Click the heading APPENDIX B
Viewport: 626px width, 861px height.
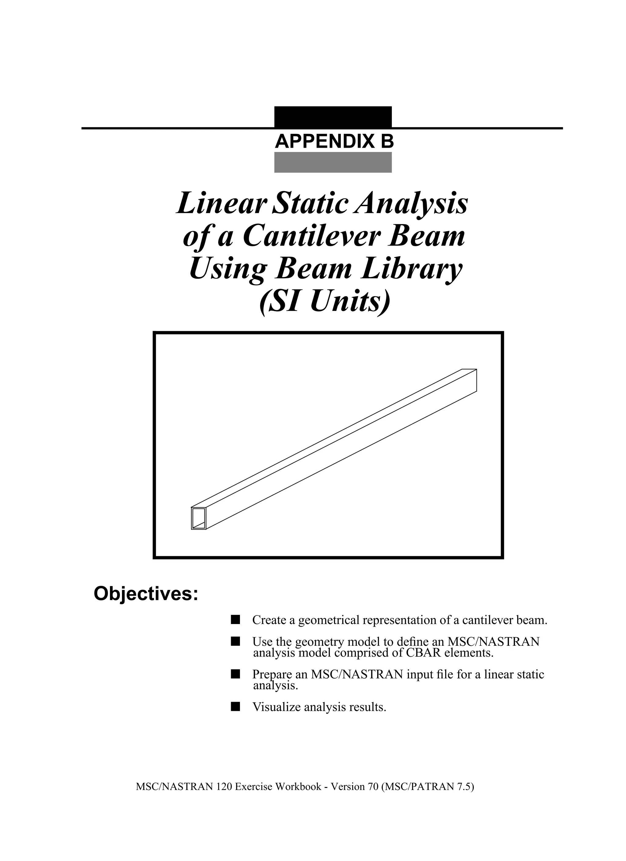pyautogui.click(x=334, y=142)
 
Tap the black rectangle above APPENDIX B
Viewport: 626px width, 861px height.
pyautogui.click(x=333, y=116)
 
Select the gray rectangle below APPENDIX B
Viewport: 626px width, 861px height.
pyautogui.click(x=333, y=162)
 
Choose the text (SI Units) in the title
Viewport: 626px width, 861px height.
pyautogui.click(x=325, y=302)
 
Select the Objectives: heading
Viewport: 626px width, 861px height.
pyautogui.click(x=146, y=594)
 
